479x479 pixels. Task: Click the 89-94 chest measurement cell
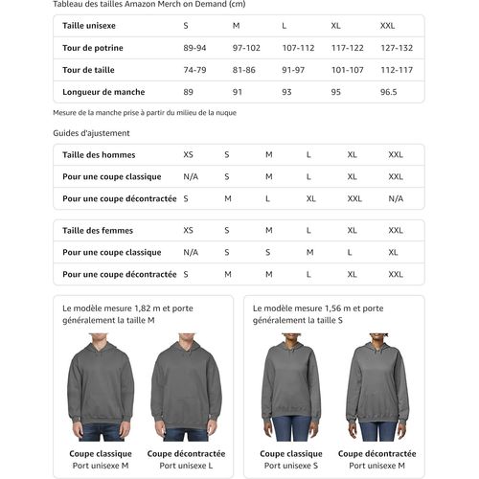point(194,47)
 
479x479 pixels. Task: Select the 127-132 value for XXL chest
point(396,47)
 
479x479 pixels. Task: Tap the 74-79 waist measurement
point(194,69)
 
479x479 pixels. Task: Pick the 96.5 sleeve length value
point(389,92)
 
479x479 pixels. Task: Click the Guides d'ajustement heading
point(92,133)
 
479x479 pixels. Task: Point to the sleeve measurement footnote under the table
point(145,112)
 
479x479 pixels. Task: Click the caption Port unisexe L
point(186,466)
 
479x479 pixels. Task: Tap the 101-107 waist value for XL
point(348,69)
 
